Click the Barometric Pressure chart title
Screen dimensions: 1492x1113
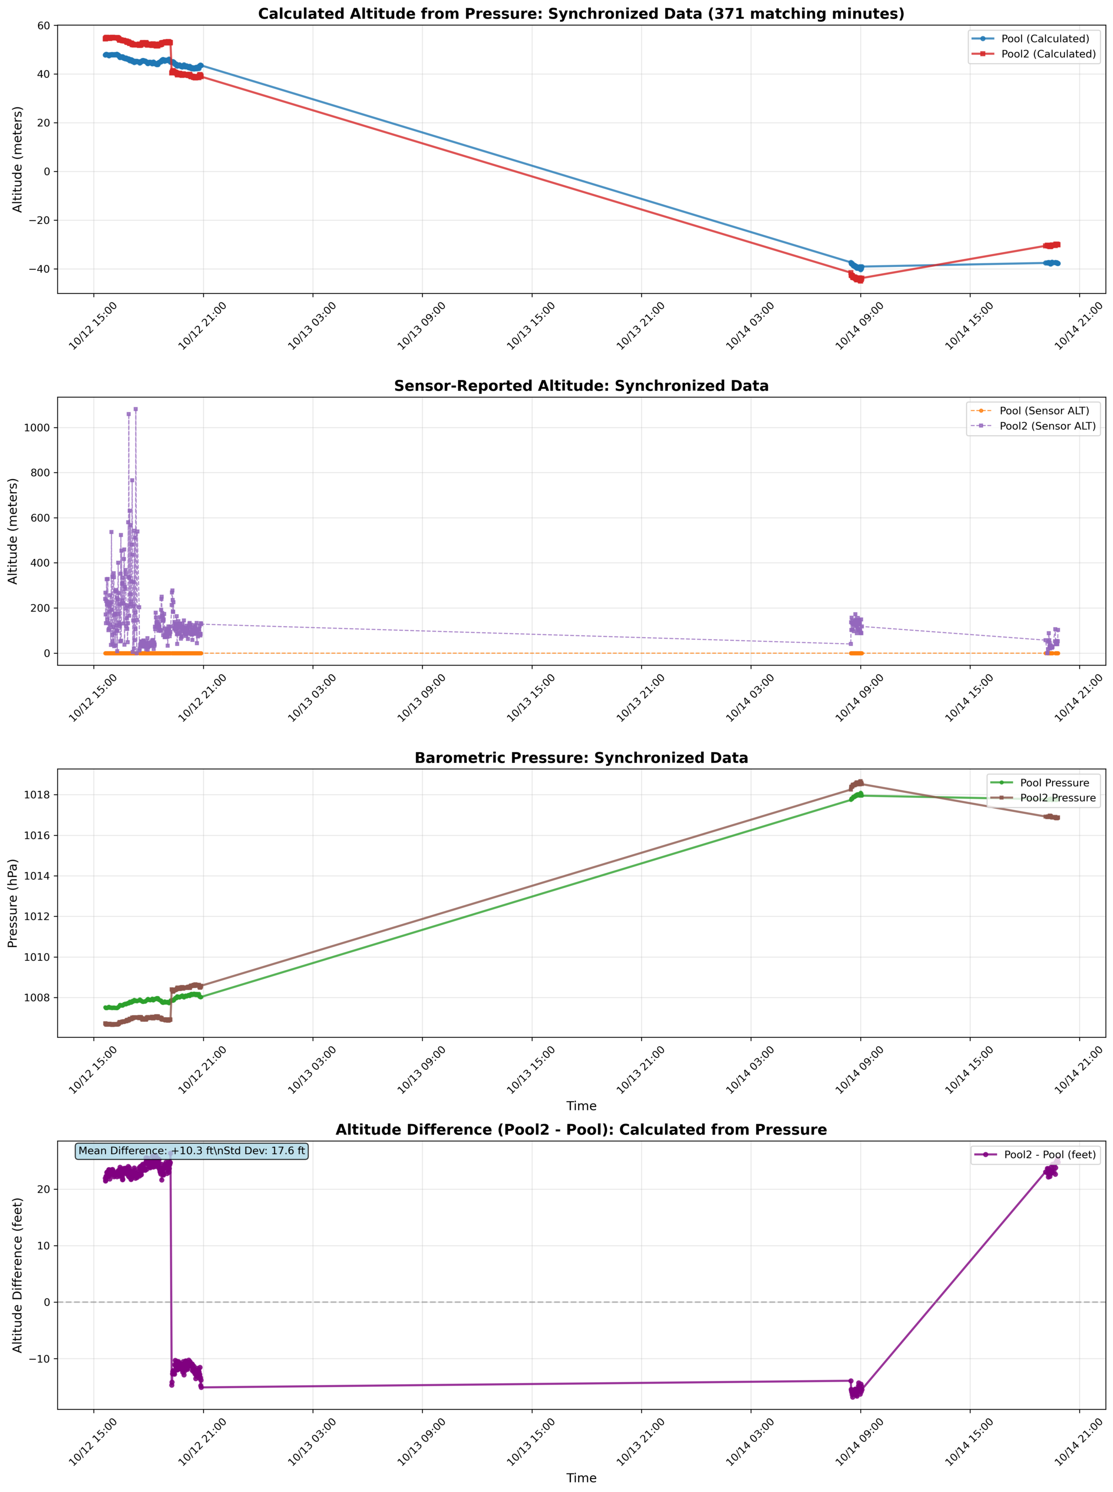pyautogui.click(x=581, y=758)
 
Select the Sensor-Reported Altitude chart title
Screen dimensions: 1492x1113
pyautogui.click(x=581, y=386)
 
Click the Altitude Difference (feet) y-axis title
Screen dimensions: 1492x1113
pyautogui.click(x=17, y=1275)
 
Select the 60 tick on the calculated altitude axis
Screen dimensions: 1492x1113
pyautogui.click(x=44, y=25)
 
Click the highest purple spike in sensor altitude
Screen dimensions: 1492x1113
pyautogui.click(x=135, y=409)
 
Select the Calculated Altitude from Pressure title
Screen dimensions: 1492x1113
pyautogui.click(x=581, y=14)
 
